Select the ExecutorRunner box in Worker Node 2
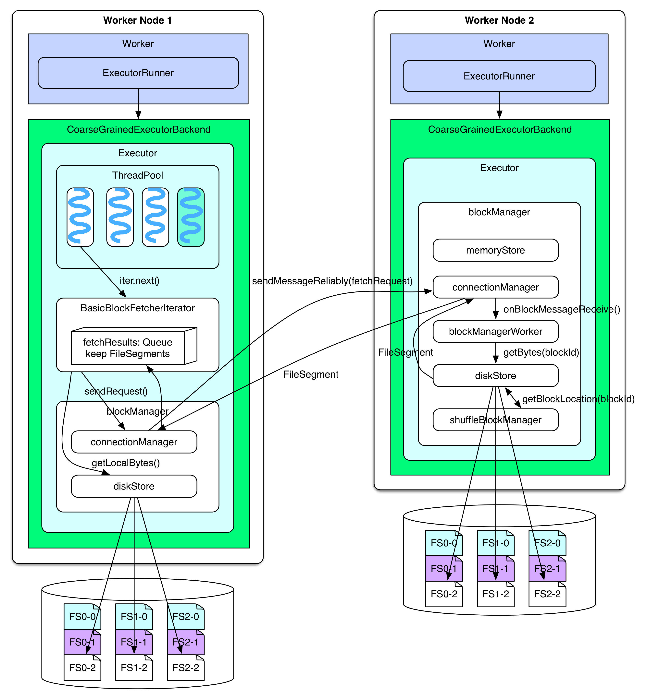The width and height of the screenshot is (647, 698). point(499,76)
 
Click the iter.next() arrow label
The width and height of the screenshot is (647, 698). point(139,281)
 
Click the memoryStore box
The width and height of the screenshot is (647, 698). point(495,250)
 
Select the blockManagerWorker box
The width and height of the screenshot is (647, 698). point(495,331)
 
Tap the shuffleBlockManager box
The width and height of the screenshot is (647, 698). point(495,420)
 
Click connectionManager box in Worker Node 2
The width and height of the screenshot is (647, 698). point(495,287)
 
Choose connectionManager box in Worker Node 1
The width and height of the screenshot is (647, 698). point(134,442)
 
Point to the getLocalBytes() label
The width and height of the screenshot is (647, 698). point(126,463)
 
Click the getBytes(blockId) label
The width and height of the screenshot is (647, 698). point(541,352)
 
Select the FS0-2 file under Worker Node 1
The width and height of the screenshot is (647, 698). point(82,668)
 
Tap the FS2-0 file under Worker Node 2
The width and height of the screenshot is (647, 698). point(547,543)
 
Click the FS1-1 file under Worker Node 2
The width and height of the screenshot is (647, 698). point(495,569)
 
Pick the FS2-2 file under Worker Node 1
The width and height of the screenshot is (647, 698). point(186,668)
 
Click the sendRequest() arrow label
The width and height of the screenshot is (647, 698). point(116,391)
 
